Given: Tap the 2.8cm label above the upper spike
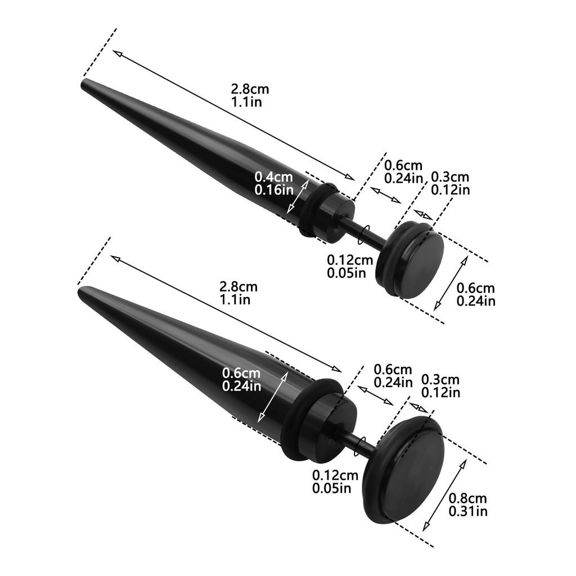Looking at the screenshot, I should (x=250, y=89).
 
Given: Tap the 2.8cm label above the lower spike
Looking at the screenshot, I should (x=238, y=287).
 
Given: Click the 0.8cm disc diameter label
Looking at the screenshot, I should (x=468, y=498).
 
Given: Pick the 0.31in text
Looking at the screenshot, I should (x=468, y=511).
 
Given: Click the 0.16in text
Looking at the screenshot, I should (x=274, y=190).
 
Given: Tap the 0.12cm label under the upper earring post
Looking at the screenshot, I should (x=350, y=260).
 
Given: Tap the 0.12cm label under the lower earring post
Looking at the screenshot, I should (x=335, y=475).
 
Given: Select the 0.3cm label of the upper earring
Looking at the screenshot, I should (x=450, y=177).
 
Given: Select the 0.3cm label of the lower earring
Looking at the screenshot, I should (x=440, y=380).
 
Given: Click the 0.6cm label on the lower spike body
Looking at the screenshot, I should (x=241, y=373).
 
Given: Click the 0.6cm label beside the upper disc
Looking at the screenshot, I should (x=476, y=288).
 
